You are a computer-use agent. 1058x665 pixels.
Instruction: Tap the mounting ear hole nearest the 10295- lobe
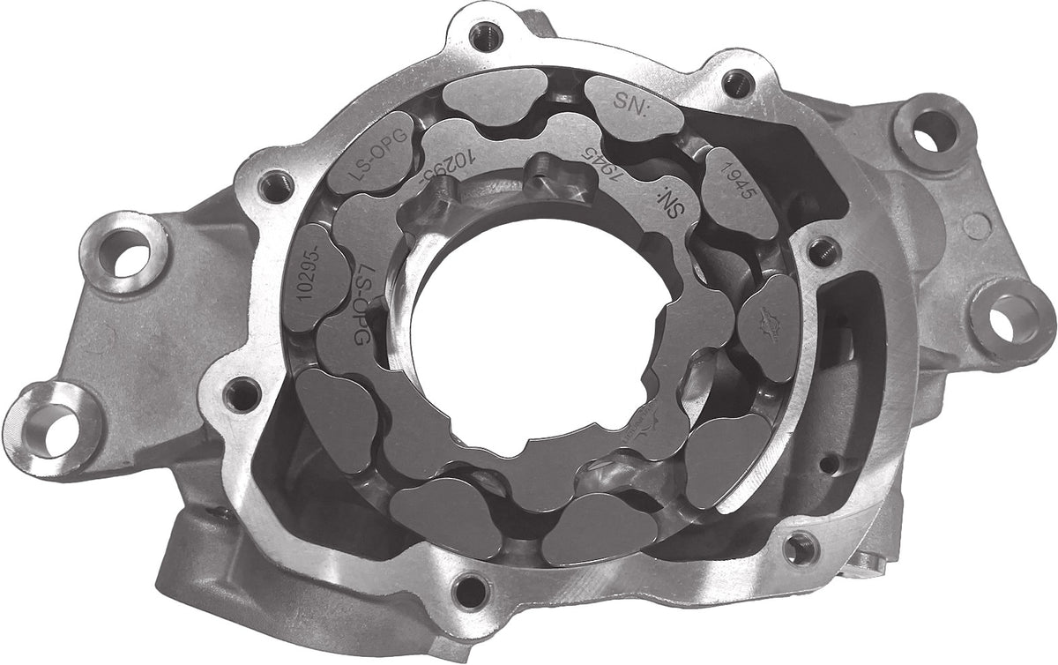click(121, 250)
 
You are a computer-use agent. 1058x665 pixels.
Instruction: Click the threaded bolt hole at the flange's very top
click(481, 36)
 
